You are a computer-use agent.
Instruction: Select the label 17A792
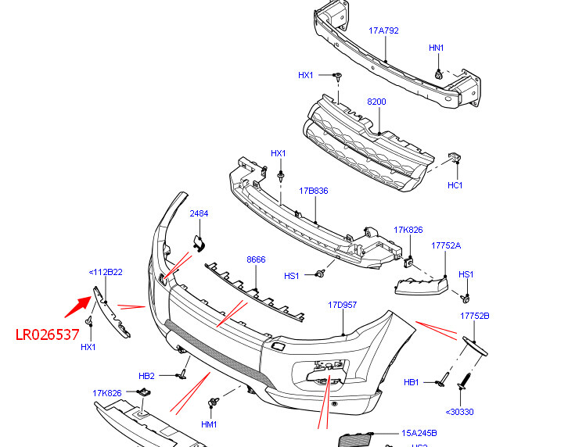pos(383,31)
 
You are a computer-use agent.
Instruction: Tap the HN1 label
pos(437,48)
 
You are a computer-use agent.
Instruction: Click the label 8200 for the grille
pos(377,102)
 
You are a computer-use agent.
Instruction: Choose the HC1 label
pos(455,185)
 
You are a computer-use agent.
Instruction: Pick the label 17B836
pos(313,190)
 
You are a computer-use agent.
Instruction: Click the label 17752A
pos(446,245)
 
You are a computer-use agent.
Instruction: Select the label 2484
pos(199,213)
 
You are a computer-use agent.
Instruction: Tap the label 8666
pos(256,259)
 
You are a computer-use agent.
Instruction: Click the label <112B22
pos(106,272)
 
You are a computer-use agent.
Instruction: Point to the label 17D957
pos(342,305)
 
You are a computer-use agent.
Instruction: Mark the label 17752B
pos(474,316)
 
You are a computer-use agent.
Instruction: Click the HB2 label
pos(147,376)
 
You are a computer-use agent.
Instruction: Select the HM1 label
pos(209,424)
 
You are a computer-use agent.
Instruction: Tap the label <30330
pos(459,412)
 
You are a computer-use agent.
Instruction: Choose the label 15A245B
pos(419,433)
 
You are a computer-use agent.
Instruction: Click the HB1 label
pos(412,382)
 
